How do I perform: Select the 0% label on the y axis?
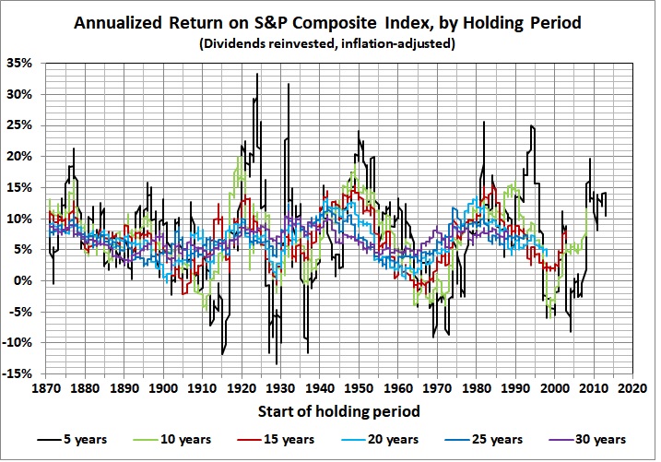point(25,280)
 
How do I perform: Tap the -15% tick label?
point(20,373)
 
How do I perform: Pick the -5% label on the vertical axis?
point(22,312)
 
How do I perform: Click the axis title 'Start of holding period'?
point(339,411)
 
